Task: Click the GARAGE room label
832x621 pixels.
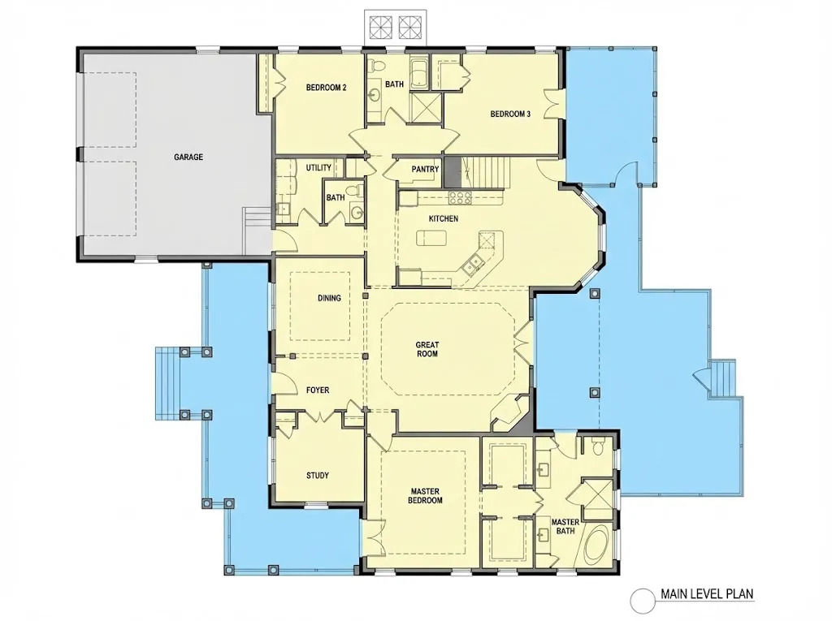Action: (188, 157)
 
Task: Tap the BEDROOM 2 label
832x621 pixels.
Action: (327, 88)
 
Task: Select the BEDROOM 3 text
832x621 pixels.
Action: (510, 114)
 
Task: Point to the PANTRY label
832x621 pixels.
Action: (425, 169)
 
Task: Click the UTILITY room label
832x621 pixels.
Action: (318, 167)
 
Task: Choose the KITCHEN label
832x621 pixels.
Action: (443, 218)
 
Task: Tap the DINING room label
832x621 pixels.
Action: (329, 298)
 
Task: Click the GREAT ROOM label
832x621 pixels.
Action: (427, 349)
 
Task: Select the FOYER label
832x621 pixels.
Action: (318, 390)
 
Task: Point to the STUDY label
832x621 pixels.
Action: (318, 476)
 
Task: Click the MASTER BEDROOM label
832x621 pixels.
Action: (425, 496)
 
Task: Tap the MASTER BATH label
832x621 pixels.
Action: (565, 526)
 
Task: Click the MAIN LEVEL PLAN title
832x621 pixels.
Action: (707, 593)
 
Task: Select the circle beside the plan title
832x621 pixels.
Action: (643, 601)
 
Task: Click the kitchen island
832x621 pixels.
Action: (431, 238)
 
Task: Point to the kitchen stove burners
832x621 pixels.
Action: (460, 198)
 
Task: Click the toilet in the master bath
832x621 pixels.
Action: (598, 448)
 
